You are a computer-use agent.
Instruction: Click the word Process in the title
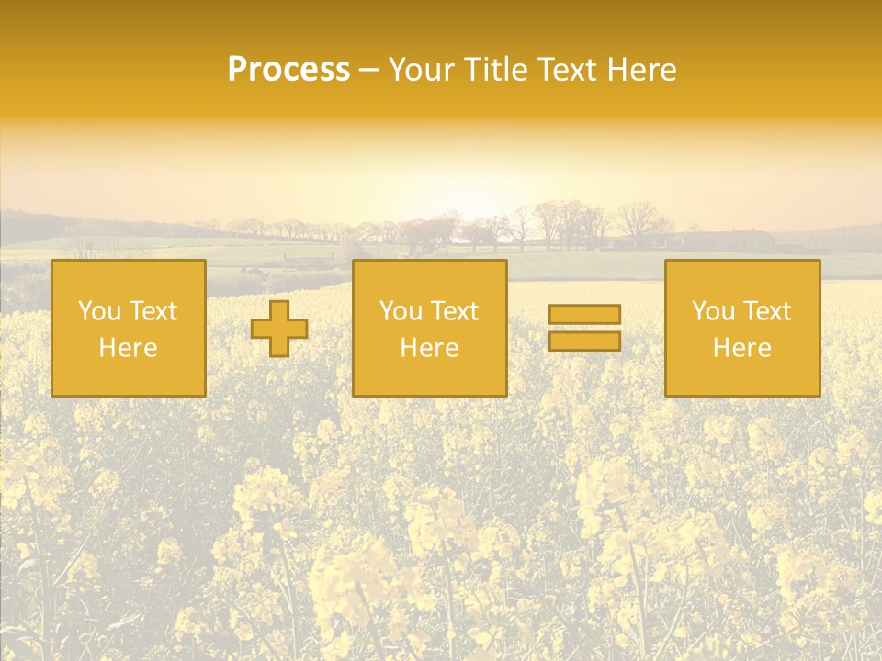(288, 70)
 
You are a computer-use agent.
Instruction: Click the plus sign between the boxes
(279, 329)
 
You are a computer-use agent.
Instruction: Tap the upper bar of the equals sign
(584, 315)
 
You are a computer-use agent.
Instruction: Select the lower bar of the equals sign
(584, 342)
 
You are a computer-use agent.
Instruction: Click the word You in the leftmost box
(99, 311)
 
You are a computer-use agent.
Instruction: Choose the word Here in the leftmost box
(128, 348)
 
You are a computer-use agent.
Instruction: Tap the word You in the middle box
(401, 311)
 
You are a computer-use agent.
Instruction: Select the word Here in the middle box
(429, 348)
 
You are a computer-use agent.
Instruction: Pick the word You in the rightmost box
(713, 311)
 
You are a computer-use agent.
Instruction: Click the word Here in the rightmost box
(741, 348)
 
